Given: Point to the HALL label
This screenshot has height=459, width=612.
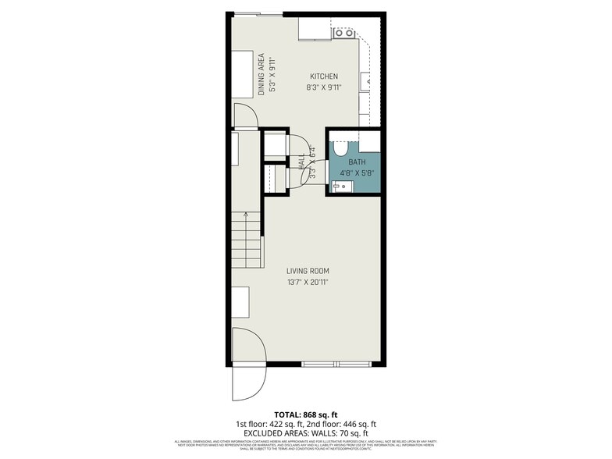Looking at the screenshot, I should (302, 163).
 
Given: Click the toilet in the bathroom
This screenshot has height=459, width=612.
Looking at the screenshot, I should (340, 148).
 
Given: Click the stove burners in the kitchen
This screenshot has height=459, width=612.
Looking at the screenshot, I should (344, 33).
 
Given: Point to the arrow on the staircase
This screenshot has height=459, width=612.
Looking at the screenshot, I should (244, 215).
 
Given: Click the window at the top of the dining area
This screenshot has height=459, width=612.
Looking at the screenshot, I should (258, 13).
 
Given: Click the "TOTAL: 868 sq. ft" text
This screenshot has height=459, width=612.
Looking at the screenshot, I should (305, 414).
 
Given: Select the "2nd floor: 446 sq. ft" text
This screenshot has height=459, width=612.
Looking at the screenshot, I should (340, 424).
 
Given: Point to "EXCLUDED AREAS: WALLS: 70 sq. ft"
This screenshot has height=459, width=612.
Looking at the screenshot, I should (305, 433).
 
